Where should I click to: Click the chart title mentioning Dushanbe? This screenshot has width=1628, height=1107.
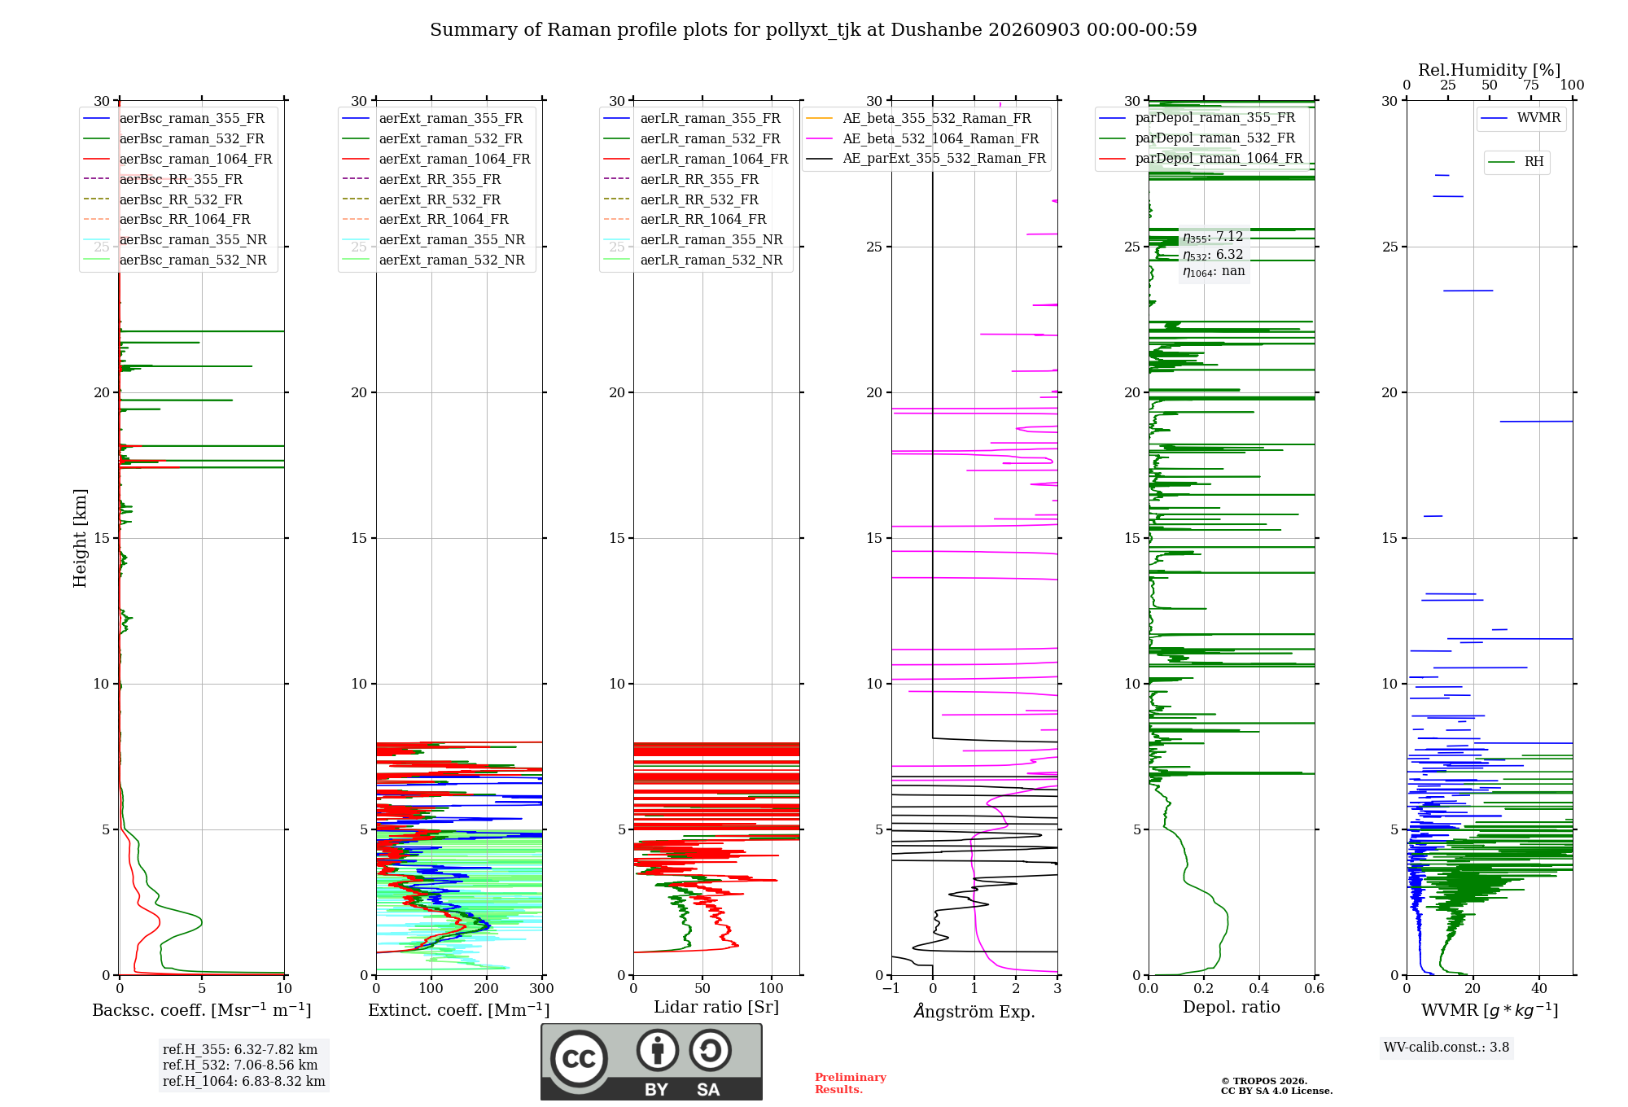(813, 30)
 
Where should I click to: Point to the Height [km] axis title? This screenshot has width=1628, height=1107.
(80, 538)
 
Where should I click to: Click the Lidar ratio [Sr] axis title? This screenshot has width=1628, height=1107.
(716, 1008)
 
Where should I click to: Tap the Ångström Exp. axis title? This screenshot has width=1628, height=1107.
(974, 1011)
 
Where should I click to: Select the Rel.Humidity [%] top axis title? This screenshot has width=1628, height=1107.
(1490, 70)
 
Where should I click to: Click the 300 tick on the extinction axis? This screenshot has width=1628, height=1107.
(542, 989)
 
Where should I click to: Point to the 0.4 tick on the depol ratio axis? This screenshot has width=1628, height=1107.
(1259, 989)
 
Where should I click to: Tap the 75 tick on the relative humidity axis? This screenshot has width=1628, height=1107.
(1531, 85)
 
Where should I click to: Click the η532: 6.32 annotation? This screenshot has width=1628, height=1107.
(1213, 255)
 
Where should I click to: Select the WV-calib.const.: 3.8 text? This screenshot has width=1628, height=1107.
(1446, 1048)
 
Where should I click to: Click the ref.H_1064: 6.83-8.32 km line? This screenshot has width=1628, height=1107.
(244, 1082)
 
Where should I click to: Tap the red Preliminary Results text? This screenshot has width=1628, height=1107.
(851, 1083)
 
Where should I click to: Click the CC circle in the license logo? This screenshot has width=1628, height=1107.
(579, 1059)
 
